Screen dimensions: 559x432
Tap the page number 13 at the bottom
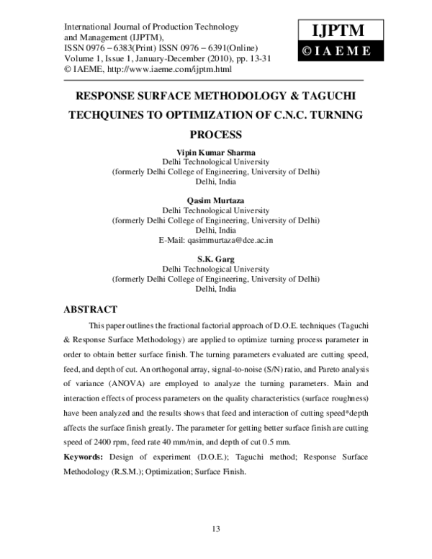pyautogui.click(x=216, y=529)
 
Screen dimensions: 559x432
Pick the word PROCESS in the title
pyautogui.click(x=216, y=135)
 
